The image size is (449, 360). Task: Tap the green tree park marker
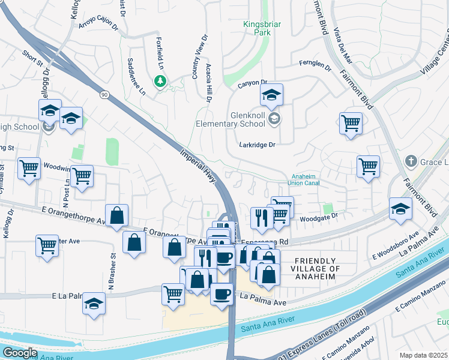(x=160, y=80)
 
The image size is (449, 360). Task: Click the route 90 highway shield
(x=104, y=95)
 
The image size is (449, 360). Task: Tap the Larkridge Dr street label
(x=257, y=145)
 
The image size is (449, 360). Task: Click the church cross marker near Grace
(x=411, y=161)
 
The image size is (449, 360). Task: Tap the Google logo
(x=20, y=353)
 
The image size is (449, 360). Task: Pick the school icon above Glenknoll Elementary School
(x=271, y=95)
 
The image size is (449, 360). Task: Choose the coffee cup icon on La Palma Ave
(x=221, y=294)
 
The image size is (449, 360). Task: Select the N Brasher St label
(x=112, y=268)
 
